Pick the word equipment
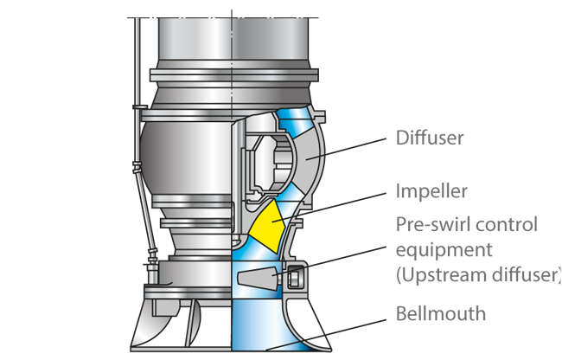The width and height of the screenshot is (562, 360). [445, 251]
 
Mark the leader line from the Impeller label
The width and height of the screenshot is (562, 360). [337, 202]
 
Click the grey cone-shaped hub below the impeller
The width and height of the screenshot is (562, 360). [256, 278]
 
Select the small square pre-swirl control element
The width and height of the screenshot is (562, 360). [295, 279]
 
